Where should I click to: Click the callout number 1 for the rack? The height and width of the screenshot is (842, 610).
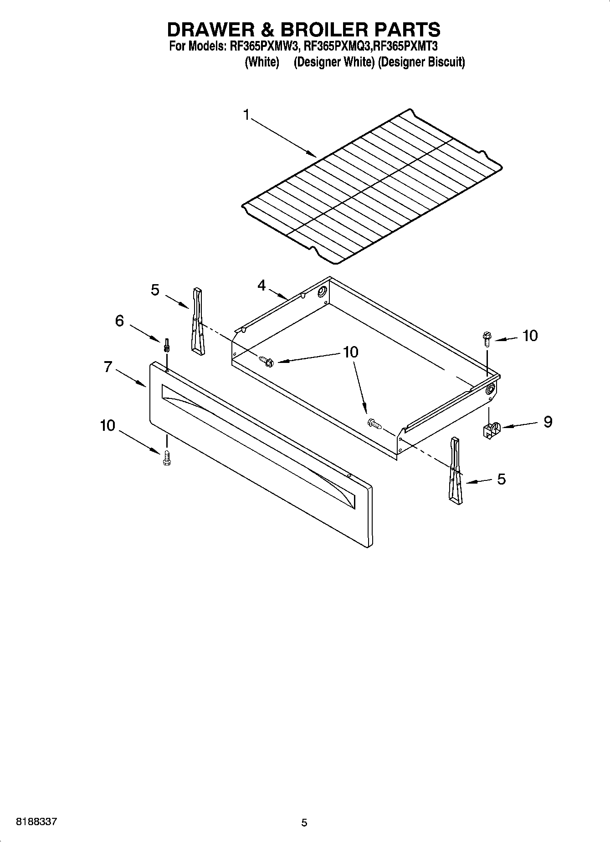(246, 115)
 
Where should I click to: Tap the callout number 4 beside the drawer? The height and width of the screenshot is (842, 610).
(261, 286)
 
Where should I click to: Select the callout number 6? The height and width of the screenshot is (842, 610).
(119, 321)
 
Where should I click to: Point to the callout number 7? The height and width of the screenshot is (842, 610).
(108, 367)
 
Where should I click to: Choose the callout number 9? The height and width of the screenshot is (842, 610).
(548, 422)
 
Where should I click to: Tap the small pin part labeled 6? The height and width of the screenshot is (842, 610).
(167, 345)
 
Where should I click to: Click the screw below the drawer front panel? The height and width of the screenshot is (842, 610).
(167, 457)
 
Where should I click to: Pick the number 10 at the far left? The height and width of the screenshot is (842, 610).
(108, 425)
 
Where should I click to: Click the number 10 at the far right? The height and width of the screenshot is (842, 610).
(530, 336)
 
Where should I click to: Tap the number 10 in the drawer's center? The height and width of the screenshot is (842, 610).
(350, 352)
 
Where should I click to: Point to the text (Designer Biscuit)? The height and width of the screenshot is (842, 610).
(421, 62)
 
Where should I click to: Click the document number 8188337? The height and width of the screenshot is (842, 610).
(36, 822)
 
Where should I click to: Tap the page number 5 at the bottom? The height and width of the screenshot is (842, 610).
(304, 822)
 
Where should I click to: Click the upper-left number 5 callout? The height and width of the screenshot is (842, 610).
(155, 290)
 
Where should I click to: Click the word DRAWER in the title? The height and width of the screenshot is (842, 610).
(209, 30)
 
